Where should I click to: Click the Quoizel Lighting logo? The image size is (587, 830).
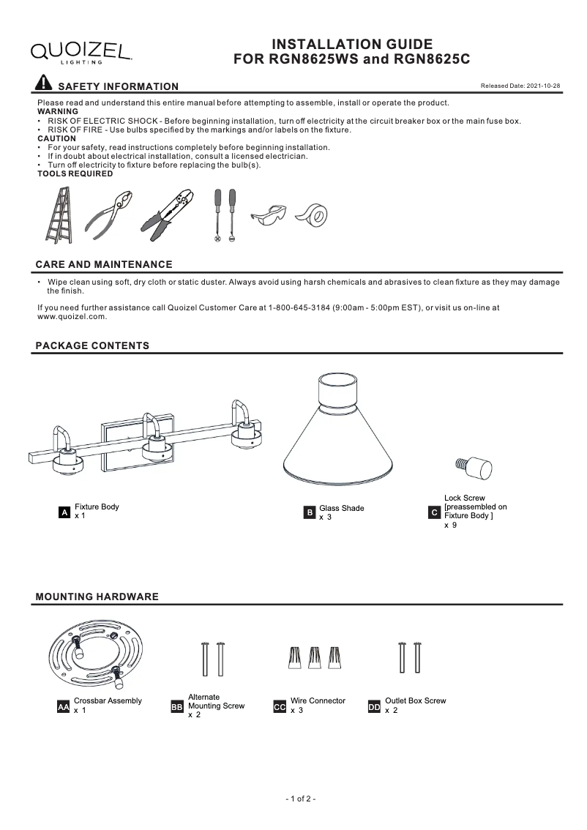tap(81, 51)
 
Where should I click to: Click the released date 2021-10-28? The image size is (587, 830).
tap(520, 86)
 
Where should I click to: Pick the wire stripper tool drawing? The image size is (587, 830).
tap(171, 214)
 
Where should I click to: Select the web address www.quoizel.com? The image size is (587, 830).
tap(72, 317)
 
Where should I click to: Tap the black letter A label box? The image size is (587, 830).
tap(64, 514)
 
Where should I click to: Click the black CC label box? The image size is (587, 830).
tap(279, 708)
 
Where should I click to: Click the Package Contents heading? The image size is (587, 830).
tap(92, 345)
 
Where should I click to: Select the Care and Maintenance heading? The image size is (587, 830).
tap(104, 264)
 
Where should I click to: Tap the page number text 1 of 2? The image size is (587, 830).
tap(300, 799)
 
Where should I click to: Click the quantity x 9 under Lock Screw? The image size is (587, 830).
tap(451, 526)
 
